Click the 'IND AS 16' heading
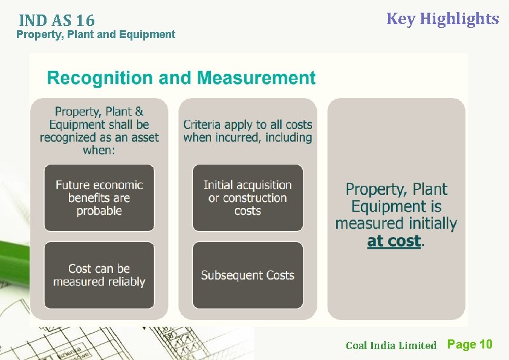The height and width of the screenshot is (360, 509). [56, 20]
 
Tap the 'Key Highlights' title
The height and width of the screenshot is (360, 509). [443, 19]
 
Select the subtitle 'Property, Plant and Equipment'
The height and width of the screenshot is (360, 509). [96, 34]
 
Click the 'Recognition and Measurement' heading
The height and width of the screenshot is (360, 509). [181, 78]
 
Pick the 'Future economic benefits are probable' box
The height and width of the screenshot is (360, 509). [99, 198]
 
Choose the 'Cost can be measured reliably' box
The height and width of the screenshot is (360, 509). [99, 275]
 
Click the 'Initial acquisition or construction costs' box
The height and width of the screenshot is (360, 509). [247, 198]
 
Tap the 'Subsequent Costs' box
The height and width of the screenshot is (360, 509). [247, 275]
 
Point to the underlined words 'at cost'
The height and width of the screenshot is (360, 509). [394, 241]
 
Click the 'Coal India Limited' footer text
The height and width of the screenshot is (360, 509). [391, 345]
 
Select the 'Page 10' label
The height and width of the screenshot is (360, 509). [470, 344]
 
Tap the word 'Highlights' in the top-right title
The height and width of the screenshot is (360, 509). [459, 19]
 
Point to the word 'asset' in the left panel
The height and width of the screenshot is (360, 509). [141, 137]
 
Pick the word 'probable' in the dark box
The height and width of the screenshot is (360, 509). [99, 211]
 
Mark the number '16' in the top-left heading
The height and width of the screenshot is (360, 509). [85, 20]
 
